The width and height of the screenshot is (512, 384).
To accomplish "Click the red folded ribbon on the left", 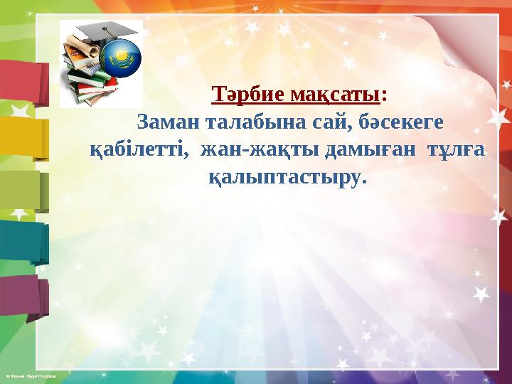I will pos(21,82).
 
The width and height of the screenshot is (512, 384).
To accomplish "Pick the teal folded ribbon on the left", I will pos(21,242).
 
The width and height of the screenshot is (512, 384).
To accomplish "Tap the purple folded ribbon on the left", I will pos(21,295).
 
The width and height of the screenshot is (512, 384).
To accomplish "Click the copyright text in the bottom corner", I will pos(28,373).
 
